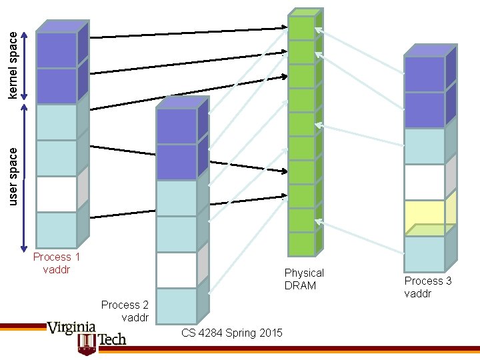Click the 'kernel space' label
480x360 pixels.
[13, 67]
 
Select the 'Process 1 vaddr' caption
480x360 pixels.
[57, 263]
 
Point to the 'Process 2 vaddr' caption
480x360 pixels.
[124, 311]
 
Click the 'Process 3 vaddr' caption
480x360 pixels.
[428, 287]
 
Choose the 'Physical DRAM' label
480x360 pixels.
[304, 279]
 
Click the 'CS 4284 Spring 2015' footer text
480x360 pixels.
[232, 333]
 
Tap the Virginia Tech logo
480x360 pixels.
[87, 333]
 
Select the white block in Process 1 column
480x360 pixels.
[57, 194]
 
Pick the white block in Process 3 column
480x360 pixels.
[425, 182]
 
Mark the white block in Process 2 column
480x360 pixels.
[177, 270]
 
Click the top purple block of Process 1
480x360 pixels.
[57, 51]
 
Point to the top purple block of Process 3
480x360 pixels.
[425, 75]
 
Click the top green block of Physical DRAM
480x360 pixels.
[302, 28]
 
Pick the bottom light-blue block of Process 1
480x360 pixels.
[57, 230]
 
